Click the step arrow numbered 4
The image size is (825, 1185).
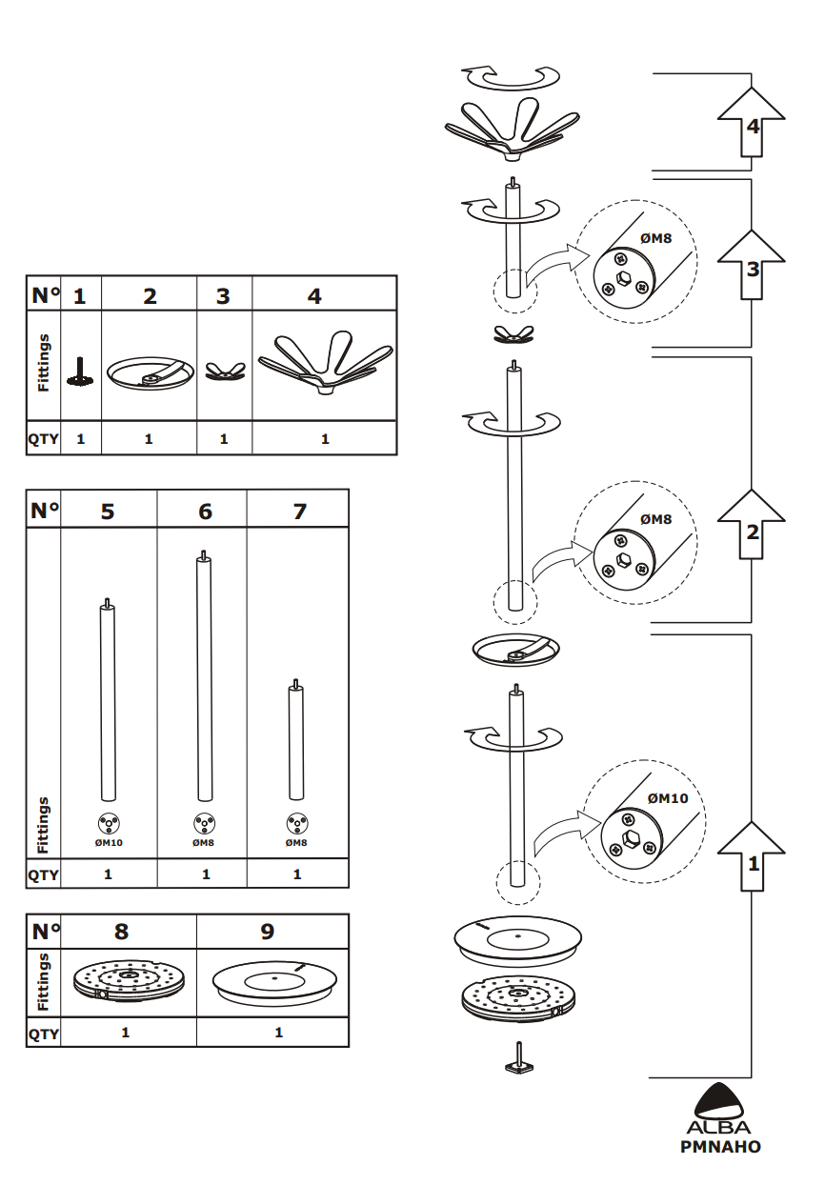(x=752, y=122)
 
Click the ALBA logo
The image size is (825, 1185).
(x=719, y=1110)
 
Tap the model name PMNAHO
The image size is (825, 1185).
(x=720, y=1147)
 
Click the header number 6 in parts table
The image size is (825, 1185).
(x=206, y=512)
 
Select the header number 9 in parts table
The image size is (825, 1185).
(x=268, y=931)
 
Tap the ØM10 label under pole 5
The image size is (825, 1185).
(x=108, y=842)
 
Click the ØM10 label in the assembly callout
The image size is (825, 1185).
(x=667, y=798)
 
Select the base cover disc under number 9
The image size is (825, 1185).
(x=273, y=980)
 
